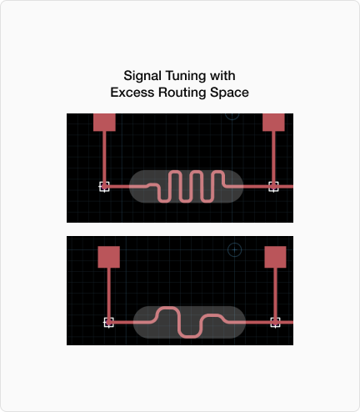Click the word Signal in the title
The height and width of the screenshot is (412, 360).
click(x=142, y=76)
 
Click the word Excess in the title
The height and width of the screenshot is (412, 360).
click(x=132, y=93)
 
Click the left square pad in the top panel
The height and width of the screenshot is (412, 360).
click(x=104, y=123)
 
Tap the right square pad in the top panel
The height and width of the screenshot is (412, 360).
click(x=273, y=123)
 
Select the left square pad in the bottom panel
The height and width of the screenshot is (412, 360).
click(x=109, y=257)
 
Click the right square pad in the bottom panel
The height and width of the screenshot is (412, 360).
click(x=275, y=257)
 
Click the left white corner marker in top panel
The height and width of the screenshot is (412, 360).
click(x=104, y=187)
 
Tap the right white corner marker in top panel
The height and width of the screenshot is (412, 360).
click(x=273, y=187)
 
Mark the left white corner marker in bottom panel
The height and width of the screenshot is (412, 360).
click(x=108, y=323)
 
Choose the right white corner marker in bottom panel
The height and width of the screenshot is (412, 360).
click(x=275, y=323)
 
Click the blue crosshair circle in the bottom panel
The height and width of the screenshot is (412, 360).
click(x=234, y=250)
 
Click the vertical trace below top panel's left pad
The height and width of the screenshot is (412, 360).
click(x=104, y=157)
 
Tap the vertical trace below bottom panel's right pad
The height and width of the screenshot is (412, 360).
click(x=275, y=294)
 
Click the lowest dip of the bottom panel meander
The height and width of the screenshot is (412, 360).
click(x=190, y=337)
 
